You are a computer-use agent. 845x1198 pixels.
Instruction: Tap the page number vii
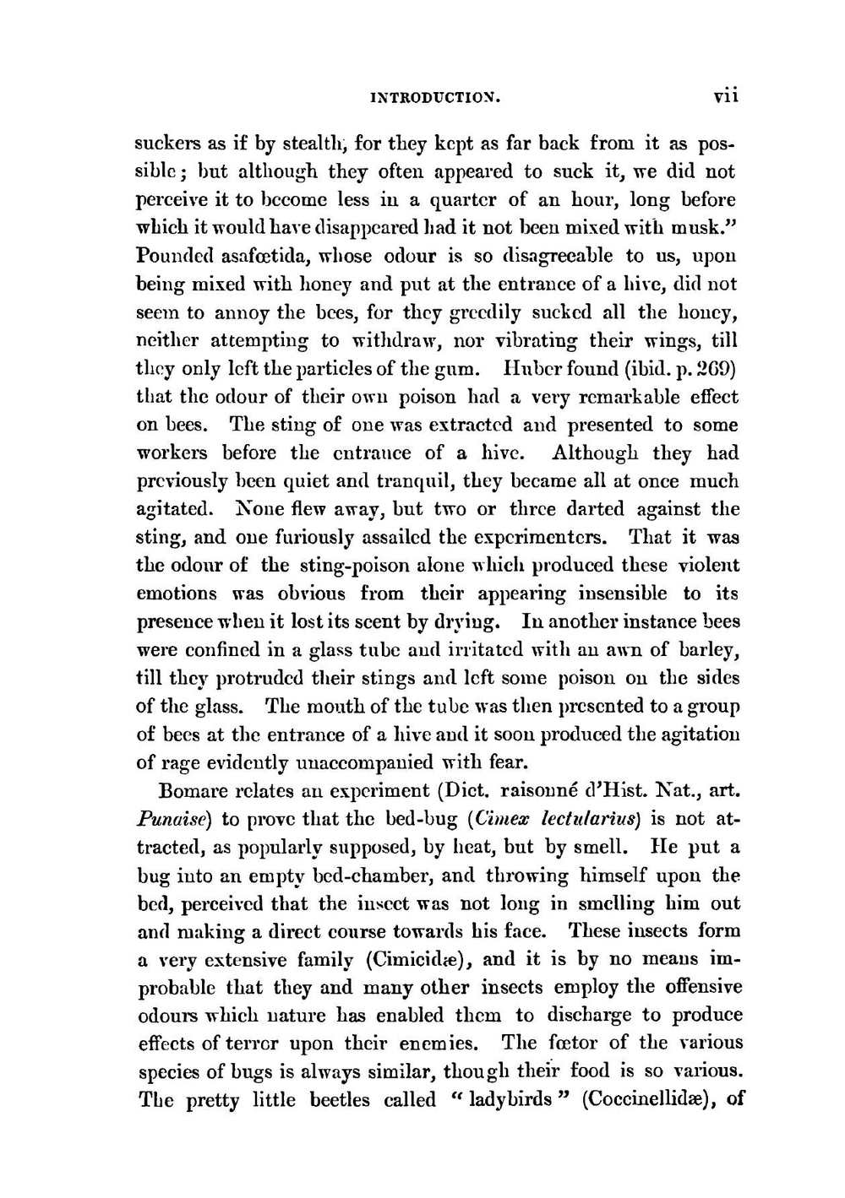tap(724, 96)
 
